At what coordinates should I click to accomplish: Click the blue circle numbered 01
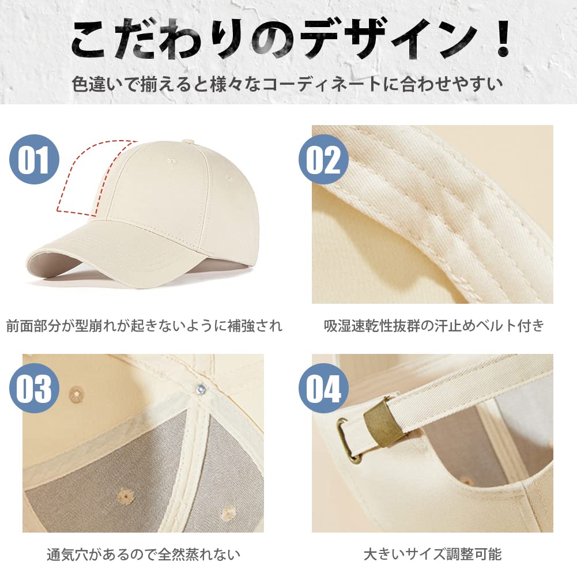[x=35, y=159]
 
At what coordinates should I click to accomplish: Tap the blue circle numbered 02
[x=323, y=159]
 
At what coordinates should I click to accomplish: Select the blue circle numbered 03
[x=35, y=390]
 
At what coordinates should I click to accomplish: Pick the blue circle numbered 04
[x=323, y=390]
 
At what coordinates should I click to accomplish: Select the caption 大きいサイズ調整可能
[x=432, y=555]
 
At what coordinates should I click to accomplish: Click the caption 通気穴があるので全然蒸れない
[x=144, y=555]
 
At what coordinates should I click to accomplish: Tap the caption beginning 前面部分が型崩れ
[x=144, y=326]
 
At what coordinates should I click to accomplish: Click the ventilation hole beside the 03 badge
[x=74, y=394]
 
